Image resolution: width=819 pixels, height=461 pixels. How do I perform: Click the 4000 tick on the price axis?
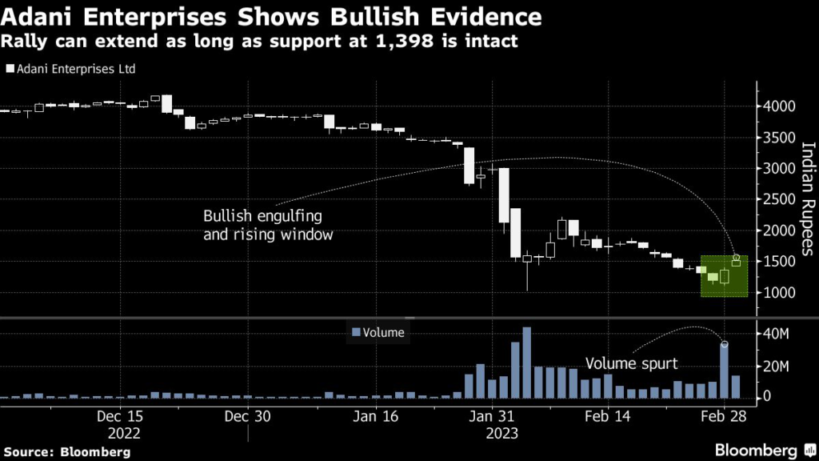[x=779, y=106]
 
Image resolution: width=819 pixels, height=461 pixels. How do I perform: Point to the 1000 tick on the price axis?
[x=779, y=293]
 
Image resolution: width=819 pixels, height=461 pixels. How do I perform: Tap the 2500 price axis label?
[x=779, y=200]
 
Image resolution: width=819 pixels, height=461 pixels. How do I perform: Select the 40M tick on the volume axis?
[x=775, y=334]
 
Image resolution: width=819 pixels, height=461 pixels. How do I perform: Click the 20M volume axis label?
[x=775, y=365]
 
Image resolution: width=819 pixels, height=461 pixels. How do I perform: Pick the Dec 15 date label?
[x=120, y=417]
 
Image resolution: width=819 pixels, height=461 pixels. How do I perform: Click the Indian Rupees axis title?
[x=806, y=198]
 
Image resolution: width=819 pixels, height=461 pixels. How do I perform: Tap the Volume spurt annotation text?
[x=631, y=364]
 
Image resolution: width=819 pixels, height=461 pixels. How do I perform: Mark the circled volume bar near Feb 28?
[x=724, y=371]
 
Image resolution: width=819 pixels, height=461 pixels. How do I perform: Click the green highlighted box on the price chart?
[x=724, y=276]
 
